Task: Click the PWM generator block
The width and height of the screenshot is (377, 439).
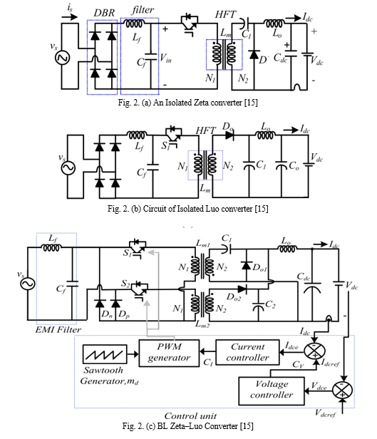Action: pyautogui.click(x=169, y=353)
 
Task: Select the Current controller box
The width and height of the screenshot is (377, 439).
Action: pyautogui.click(x=247, y=352)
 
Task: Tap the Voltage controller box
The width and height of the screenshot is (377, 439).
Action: pyautogui.click(x=272, y=391)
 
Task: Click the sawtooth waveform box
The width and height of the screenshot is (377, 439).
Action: pyautogui.click(x=105, y=354)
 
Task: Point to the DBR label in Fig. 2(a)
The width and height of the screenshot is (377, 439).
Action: pyautogui.click(x=104, y=13)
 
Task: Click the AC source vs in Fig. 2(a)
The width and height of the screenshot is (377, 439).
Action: pyautogui.click(x=62, y=58)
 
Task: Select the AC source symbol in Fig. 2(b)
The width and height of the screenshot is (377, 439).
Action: pyautogui.click(x=68, y=168)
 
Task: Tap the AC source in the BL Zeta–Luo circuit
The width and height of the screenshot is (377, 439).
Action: pyautogui.click(x=28, y=284)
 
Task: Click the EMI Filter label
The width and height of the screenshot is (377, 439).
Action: pyautogui.click(x=58, y=329)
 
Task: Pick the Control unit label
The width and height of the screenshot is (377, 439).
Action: pyautogui.click(x=190, y=415)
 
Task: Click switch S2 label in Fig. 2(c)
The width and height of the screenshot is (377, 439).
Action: pyautogui.click(x=125, y=284)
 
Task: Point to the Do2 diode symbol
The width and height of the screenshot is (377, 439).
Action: pyautogui.click(x=242, y=289)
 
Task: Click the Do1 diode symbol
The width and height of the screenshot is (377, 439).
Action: pyautogui.click(x=246, y=265)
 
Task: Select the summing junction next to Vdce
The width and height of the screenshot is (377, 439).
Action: pyautogui.click(x=342, y=390)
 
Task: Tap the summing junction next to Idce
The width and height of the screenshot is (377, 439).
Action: pyautogui.click(x=314, y=351)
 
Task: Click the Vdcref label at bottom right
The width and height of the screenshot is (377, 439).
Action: pyautogui.click(x=325, y=413)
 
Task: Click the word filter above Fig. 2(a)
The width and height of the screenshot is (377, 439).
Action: pyautogui.click(x=143, y=10)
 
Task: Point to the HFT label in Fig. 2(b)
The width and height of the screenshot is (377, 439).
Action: pyautogui.click(x=206, y=130)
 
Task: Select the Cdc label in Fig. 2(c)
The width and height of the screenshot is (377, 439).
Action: pyautogui.click(x=304, y=277)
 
